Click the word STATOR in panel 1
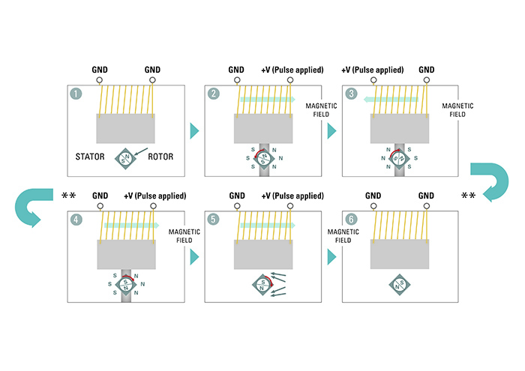point(89,158)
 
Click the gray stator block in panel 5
point(262,256)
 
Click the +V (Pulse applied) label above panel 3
point(372,70)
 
